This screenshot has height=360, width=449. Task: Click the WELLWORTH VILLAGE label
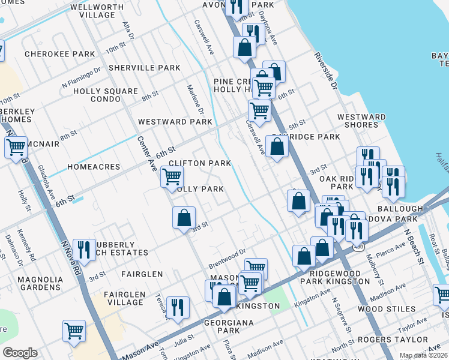click(x=92, y=10)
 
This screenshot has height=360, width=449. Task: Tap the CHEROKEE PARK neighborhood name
click(x=59, y=54)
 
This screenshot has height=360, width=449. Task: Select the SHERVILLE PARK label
click(x=145, y=68)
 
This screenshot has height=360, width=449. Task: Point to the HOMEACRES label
click(x=94, y=167)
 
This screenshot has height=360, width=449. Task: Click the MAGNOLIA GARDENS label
click(x=40, y=284)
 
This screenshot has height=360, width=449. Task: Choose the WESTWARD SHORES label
click(x=361, y=121)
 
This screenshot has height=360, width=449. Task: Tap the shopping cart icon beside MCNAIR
click(x=16, y=146)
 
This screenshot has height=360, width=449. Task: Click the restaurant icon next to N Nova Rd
click(x=84, y=248)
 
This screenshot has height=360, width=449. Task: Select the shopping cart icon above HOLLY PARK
click(x=172, y=176)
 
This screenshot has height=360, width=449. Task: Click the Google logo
click(x=20, y=353)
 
